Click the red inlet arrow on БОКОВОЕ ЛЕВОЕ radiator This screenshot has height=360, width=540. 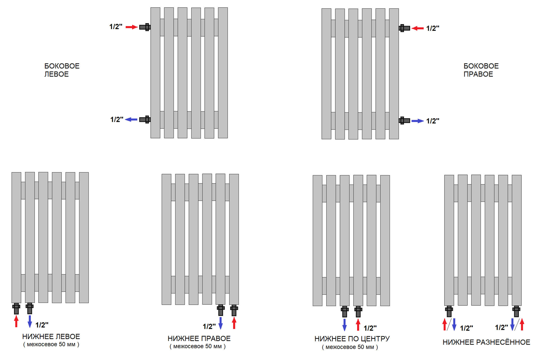click(x=132, y=27)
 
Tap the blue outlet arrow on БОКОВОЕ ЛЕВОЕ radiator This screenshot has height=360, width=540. click(x=131, y=119)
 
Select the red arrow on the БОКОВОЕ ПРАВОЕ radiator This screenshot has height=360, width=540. click(x=418, y=29)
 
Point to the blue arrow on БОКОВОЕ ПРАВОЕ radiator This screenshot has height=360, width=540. click(x=418, y=121)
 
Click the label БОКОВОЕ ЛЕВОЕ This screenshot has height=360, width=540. click(x=62, y=70)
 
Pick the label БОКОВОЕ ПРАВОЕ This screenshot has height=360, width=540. click(x=481, y=70)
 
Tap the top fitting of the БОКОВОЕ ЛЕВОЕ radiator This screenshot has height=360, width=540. click(x=145, y=27)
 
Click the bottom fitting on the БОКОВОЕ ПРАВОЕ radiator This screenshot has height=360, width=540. click(x=404, y=121)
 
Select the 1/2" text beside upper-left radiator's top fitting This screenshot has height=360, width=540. click(x=116, y=27)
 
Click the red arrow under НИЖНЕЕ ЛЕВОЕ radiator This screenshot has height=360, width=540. click(x=16, y=321)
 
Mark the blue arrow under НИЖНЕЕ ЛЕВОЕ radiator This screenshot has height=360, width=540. click(x=30, y=321)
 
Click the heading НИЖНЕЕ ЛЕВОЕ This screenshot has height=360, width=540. click(x=51, y=337)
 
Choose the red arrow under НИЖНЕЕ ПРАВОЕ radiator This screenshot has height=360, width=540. click(x=234, y=323)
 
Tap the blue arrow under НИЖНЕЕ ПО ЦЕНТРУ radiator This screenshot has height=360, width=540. click(x=345, y=325)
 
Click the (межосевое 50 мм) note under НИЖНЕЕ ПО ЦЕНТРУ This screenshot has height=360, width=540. click(x=350, y=347)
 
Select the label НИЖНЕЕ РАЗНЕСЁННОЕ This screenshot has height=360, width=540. click(x=487, y=342)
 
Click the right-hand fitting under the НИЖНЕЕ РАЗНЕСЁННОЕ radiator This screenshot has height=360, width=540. click(x=516, y=311)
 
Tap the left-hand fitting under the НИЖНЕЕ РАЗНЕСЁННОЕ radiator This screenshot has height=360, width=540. click(x=449, y=311)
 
